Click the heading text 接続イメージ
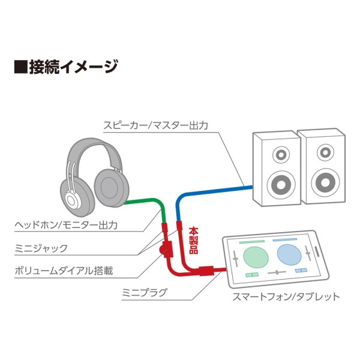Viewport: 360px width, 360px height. (73, 67)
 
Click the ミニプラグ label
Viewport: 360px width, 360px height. (143, 293)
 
